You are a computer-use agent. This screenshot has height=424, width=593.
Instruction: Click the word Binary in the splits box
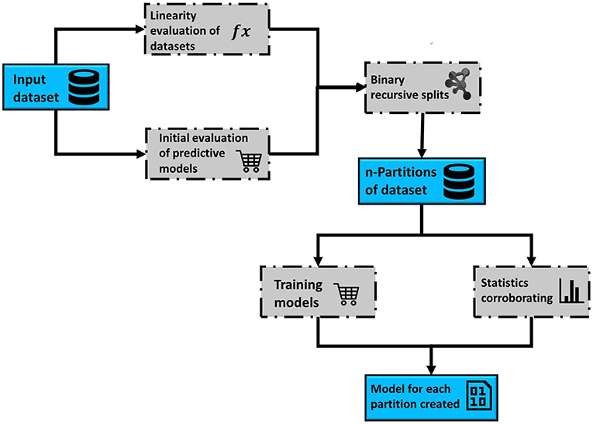389,78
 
